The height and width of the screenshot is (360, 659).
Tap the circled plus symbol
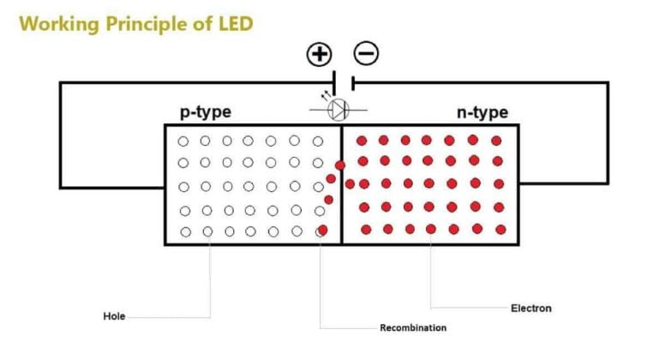319,55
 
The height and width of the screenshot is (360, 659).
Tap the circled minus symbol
366,54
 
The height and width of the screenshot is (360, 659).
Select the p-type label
205,112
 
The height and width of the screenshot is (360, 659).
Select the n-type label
482,112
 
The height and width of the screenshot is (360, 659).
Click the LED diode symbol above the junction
339,108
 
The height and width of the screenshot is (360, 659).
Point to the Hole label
114,316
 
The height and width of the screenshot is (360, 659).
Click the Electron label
531,308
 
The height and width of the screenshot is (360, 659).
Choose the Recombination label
413,327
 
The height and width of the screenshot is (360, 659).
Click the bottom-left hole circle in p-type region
186,231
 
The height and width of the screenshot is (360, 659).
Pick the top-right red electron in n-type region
496,141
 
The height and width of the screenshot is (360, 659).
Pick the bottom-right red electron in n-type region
499,229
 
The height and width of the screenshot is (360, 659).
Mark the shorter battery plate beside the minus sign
352,83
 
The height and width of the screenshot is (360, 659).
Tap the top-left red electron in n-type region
362,140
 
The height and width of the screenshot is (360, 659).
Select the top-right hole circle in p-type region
319,141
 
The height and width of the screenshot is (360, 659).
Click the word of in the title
202,24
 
